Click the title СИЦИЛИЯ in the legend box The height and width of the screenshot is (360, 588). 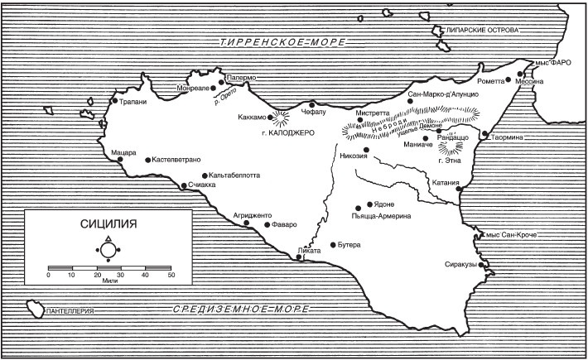(x=108, y=223)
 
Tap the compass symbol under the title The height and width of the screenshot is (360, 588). (x=108, y=250)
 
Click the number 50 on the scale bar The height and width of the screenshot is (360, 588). (x=171, y=275)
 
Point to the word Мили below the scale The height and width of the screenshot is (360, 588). (x=108, y=281)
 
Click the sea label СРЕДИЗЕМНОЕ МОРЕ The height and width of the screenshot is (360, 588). (x=240, y=310)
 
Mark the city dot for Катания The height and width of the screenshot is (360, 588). (x=460, y=191)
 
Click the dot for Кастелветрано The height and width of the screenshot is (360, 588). (x=147, y=160)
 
